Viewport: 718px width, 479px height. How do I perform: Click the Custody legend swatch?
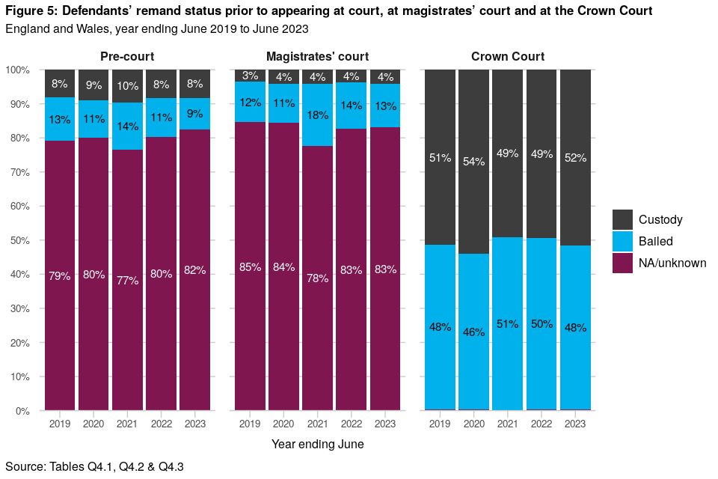click(x=623, y=219)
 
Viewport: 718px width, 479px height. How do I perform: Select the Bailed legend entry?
click(x=655, y=241)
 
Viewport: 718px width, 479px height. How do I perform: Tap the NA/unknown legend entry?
click(x=672, y=263)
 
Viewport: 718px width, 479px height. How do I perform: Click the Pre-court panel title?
click(x=127, y=57)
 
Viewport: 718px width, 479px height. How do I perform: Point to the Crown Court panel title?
click(x=508, y=57)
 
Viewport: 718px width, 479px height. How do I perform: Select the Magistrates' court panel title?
click(x=317, y=57)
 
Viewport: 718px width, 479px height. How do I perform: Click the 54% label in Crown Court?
click(x=474, y=162)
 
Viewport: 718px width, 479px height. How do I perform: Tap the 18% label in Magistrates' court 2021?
click(x=318, y=115)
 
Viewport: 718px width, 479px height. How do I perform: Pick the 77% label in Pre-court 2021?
click(x=127, y=281)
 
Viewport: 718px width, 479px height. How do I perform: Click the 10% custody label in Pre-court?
click(x=127, y=86)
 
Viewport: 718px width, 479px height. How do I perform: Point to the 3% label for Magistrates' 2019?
click(x=250, y=76)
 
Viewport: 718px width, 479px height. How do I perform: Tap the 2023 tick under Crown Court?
click(x=575, y=424)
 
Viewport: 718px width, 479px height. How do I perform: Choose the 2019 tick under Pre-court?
click(x=60, y=424)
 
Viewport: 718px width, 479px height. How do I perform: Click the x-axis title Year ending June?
click(x=317, y=444)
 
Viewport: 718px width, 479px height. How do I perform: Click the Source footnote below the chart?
click(x=94, y=466)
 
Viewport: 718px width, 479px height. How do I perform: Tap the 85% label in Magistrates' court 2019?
click(x=250, y=267)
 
